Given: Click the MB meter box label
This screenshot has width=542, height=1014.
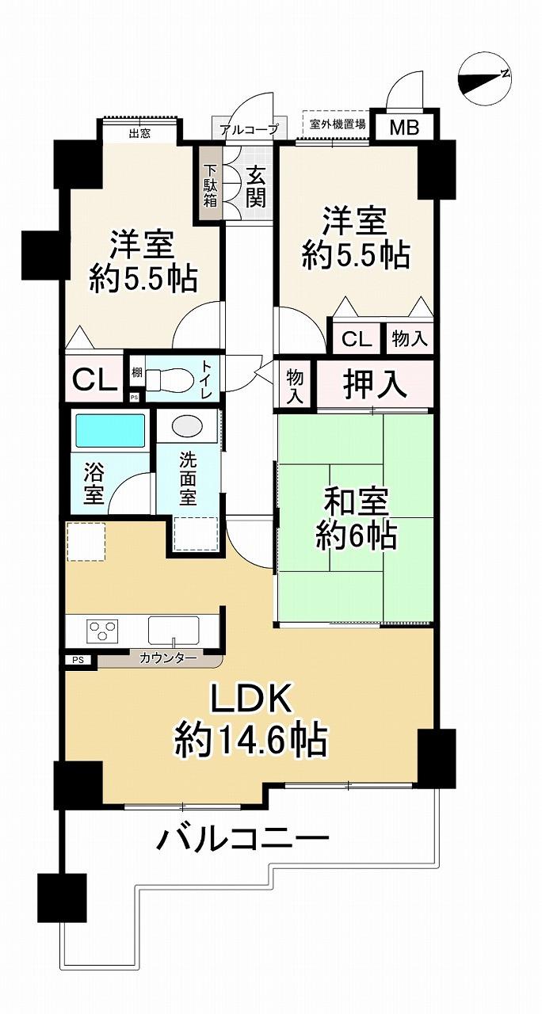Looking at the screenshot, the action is pyautogui.click(x=404, y=128).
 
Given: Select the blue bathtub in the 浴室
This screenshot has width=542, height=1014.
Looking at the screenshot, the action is pyautogui.click(x=110, y=430).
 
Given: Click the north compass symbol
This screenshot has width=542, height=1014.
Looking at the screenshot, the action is pyautogui.click(x=485, y=82).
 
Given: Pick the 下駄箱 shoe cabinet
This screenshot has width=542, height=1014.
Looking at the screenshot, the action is pyautogui.click(x=210, y=186).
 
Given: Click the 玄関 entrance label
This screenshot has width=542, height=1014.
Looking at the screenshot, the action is pyautogui.click(x=255, y=186).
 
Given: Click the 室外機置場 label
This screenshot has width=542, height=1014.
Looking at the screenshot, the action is pyautogui.click(x=338, y=124).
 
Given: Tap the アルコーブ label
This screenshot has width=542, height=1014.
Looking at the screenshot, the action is pyautogui.click(x=249, y=130).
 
